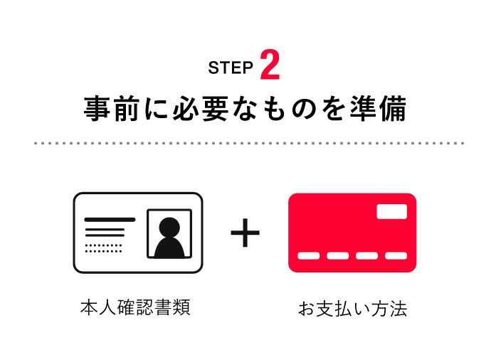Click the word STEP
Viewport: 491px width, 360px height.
coord(231,68)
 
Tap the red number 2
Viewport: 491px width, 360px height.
coord(270,65)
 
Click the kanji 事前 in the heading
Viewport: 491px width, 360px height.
coord(111,108)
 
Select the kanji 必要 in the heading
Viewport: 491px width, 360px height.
coord(201,108)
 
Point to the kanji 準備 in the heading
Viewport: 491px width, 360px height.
coord(379,108)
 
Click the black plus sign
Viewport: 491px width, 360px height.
coord(245,233)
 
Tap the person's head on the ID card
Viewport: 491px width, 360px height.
coord(169,227)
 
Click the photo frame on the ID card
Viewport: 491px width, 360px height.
coord(169,210)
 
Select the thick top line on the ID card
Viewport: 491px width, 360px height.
coord(110,219)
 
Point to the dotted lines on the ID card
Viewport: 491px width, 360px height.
coord(103,248)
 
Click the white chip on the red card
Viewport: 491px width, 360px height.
coord(392,211)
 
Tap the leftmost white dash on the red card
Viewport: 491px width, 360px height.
coord(308,255)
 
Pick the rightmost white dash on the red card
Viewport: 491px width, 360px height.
coord(396,255)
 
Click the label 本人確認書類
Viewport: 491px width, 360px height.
coord(135,307)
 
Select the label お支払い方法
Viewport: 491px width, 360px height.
coord(352,309)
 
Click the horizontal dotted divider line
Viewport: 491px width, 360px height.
coord(249,143)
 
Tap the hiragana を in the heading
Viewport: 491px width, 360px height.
coord(334,109)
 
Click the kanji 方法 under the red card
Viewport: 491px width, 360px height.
coord(389,309)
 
